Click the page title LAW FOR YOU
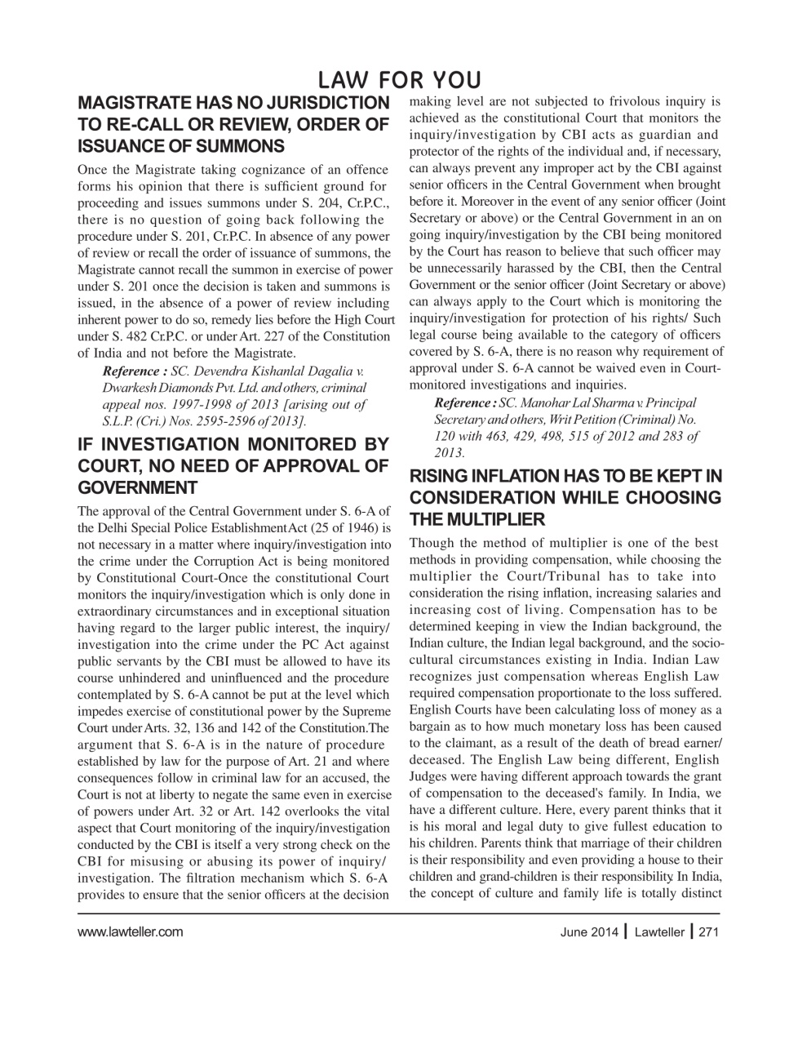pos(398,80)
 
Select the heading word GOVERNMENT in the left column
pos(137,488)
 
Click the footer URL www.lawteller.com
pos(130,932)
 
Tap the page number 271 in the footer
pos(708,932)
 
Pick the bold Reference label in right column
pos(464,402)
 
